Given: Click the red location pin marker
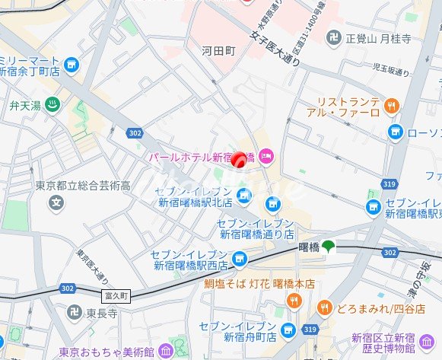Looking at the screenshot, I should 238,160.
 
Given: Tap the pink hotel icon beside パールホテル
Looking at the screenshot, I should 266,158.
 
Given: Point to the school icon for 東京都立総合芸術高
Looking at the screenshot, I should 55,203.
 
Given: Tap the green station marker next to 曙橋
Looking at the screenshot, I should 328,246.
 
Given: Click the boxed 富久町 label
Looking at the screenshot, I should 116,294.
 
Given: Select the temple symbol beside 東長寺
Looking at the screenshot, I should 71,312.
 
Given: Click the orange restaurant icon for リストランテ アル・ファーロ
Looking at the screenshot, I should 391,106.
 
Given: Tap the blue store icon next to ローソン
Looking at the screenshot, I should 395,132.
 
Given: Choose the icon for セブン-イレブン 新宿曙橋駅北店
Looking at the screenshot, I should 243,197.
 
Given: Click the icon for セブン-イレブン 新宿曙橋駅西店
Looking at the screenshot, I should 240,260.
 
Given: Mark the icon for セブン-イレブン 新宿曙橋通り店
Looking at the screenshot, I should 272,204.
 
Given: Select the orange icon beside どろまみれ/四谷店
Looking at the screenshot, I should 324,307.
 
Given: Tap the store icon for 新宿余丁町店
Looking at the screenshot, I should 72,66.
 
